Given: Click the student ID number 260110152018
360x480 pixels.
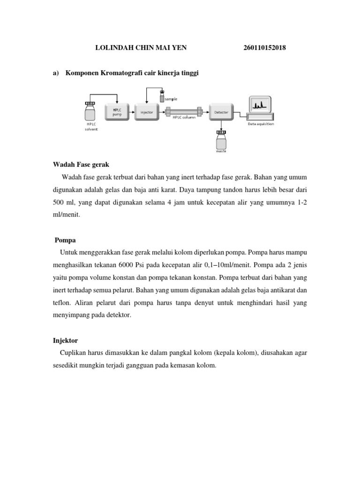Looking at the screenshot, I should coord(265,48).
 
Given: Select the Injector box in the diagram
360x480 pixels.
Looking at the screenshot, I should coord(147,112).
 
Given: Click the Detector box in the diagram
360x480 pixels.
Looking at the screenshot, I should coord(221,112).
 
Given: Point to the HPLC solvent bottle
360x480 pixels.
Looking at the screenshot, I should coord(90,114).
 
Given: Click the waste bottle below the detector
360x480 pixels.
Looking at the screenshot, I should coord(221,139).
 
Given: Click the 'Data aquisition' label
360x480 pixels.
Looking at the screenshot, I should coord(261,124).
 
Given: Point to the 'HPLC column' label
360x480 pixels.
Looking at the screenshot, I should coord(184,118).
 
